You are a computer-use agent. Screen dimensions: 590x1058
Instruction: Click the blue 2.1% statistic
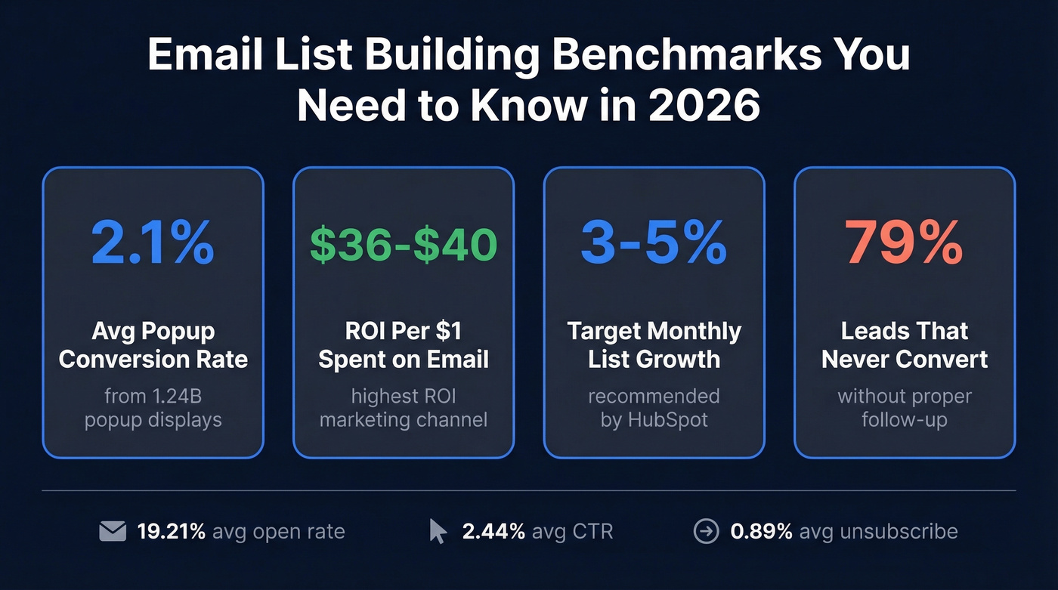click(153, 243)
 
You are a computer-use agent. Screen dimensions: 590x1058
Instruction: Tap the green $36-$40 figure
click(404, 244)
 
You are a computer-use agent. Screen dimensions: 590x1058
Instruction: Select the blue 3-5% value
click(654, 243)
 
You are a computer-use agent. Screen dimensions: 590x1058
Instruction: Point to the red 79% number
click(905, 243)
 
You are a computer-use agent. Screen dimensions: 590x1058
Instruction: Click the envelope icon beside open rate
click(113, 532)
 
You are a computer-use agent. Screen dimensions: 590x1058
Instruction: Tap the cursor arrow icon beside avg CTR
click(438, 531)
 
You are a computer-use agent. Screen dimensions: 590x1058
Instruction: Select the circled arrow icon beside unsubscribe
click(706, 532)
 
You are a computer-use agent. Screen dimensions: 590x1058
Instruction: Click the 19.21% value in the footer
click(172, 532)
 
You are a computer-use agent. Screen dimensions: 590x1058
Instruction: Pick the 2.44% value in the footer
click(493, 532)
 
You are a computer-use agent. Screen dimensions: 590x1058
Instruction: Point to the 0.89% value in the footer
click(761, 532)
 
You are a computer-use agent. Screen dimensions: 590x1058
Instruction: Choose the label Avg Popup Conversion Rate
click(153, 344)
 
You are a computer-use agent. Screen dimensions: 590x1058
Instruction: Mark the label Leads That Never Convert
click(905, 344)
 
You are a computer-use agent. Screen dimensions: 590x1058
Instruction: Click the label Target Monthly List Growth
click(654, 344)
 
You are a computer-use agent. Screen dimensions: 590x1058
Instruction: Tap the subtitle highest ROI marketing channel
click(404, 408)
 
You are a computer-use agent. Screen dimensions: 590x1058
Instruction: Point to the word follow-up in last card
click(905, 419)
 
